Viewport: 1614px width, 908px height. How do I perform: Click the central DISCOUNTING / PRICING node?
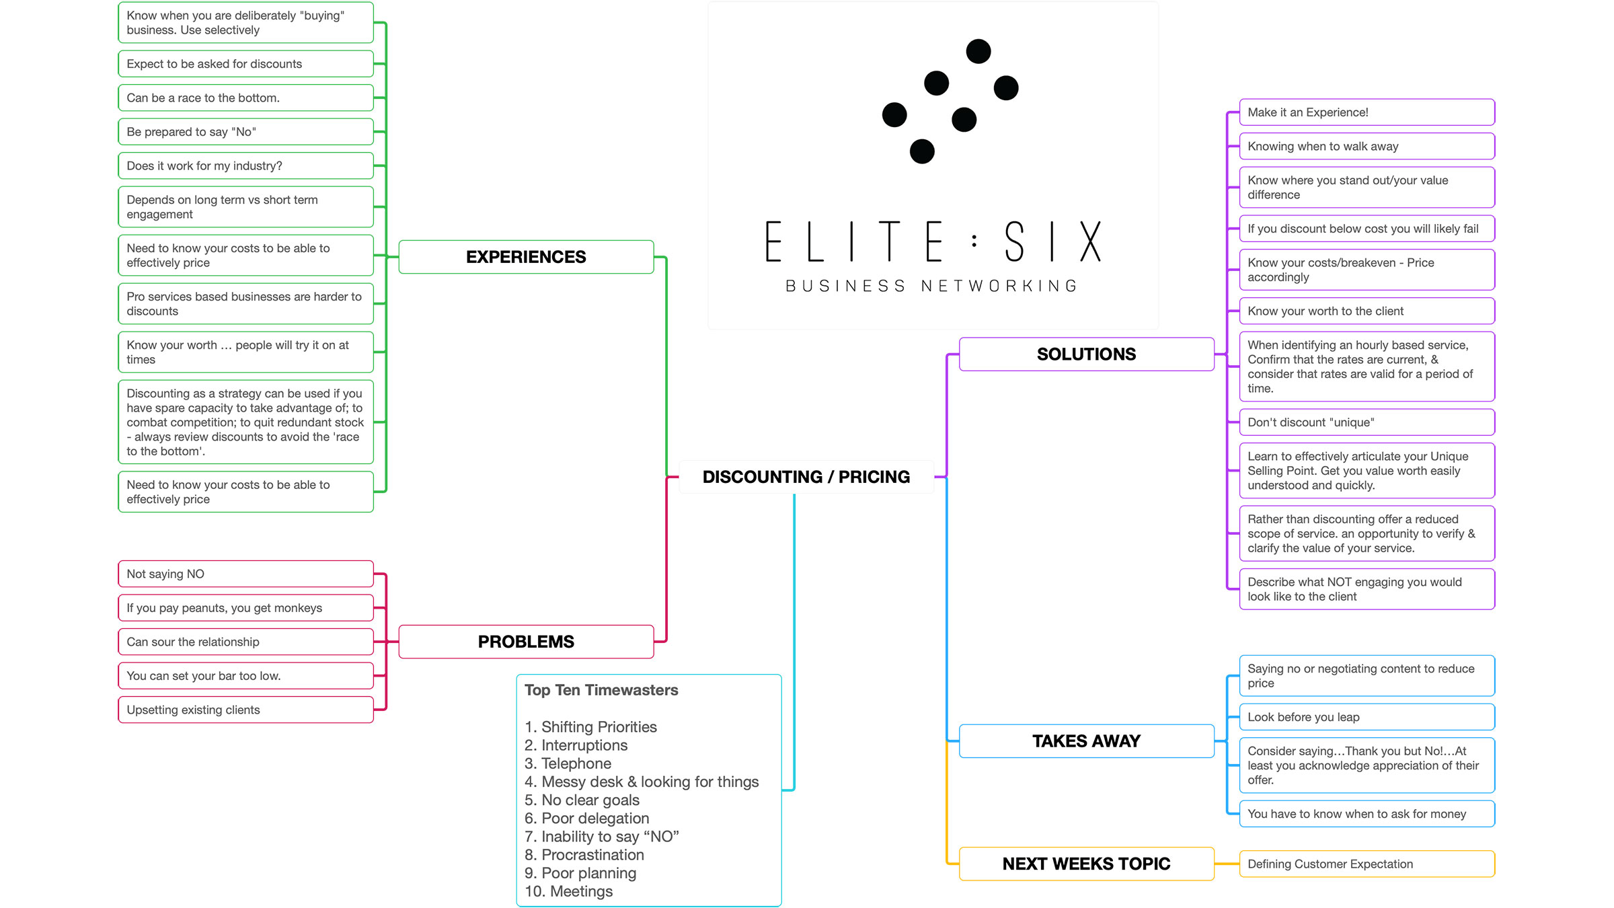coord(806,477)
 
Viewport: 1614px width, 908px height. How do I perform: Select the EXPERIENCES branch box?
coord(526,257)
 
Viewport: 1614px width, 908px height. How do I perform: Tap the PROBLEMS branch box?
coord(526,642)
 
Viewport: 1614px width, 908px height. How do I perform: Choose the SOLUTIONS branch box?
coord(1086,354)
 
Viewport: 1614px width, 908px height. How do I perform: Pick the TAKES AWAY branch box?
coord(1086,741)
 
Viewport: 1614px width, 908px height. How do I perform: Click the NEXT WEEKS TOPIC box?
coord(1086,864)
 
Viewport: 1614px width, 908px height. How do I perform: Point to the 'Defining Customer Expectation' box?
coord(1367,864)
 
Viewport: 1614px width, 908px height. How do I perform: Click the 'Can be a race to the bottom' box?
coord(245,98)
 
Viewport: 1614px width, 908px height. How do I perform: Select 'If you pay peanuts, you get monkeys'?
coord(245,608)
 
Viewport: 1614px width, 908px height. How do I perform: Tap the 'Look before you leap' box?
coord(1367,717)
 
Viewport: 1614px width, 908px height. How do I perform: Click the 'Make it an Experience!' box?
coord(1367,112)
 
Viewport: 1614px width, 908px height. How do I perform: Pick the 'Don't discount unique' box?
coord(1367,422)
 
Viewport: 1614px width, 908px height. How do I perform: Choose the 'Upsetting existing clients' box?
coord(245,710)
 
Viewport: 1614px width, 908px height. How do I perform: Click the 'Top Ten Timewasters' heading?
coord(601,690)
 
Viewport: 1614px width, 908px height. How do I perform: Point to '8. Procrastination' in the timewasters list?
coord(584,855)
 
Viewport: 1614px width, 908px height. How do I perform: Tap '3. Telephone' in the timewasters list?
coord(568,763)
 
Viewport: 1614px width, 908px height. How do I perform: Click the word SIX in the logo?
coord(1053,242)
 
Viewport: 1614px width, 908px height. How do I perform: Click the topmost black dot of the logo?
coord(978,51)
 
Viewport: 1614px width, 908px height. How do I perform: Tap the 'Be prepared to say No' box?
coord(245,132)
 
